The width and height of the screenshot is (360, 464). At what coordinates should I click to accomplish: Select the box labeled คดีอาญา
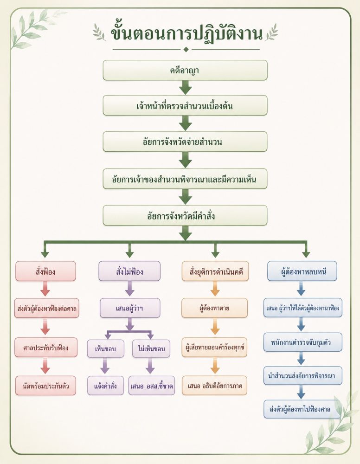(185, 70)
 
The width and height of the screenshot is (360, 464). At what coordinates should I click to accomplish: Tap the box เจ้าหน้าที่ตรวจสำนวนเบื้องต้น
(185, 105)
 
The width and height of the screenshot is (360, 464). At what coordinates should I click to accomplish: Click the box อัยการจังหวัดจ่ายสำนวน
(185, 142)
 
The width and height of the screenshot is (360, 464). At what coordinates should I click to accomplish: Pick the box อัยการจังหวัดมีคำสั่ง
(185, 215)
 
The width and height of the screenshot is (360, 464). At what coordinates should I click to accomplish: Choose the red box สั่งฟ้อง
(45, 271)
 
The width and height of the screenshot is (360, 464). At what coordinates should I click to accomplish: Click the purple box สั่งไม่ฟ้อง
(129, 271)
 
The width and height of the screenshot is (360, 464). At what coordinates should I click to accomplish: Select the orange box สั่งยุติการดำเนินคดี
(215, 271)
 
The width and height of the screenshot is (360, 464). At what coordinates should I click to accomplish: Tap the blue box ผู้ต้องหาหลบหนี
(302, 271)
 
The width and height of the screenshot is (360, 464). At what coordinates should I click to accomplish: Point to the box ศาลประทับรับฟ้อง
(46, 348)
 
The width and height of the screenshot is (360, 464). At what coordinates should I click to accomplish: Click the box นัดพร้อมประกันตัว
(45, 386)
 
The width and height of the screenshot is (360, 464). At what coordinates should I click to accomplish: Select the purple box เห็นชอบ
(105, 348)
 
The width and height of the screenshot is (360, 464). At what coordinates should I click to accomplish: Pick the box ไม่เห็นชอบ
(151, 348)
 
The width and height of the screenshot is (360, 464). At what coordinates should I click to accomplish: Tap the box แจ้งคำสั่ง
(105, 386)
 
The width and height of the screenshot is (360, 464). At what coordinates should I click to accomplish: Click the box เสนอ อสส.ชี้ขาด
(151, 386)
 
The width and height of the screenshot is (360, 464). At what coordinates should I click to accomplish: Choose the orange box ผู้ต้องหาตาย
(214, 308)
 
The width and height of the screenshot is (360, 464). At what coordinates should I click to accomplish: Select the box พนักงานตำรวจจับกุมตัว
(302, 342)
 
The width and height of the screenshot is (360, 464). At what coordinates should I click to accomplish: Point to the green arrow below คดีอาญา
(186, 87)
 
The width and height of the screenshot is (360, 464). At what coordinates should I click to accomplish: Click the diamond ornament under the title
(186, 50)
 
